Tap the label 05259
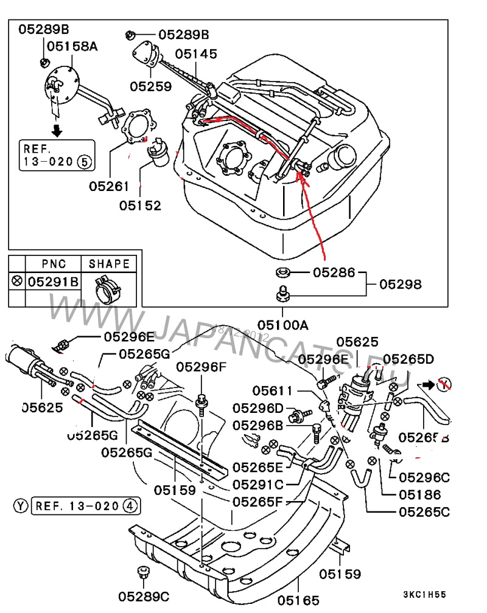(150, 86)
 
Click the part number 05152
(140, 206)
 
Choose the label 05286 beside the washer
(334, 273)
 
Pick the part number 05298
(401, 284)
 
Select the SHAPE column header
(109, 264)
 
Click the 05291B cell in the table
(54, 282)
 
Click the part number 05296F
(201, 367)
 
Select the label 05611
(273, 390)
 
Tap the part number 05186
(420, 494)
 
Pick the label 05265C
(424, 511)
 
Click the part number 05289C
(143, 597)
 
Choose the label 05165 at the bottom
(298, 600)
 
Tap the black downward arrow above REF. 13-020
(57, 130)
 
